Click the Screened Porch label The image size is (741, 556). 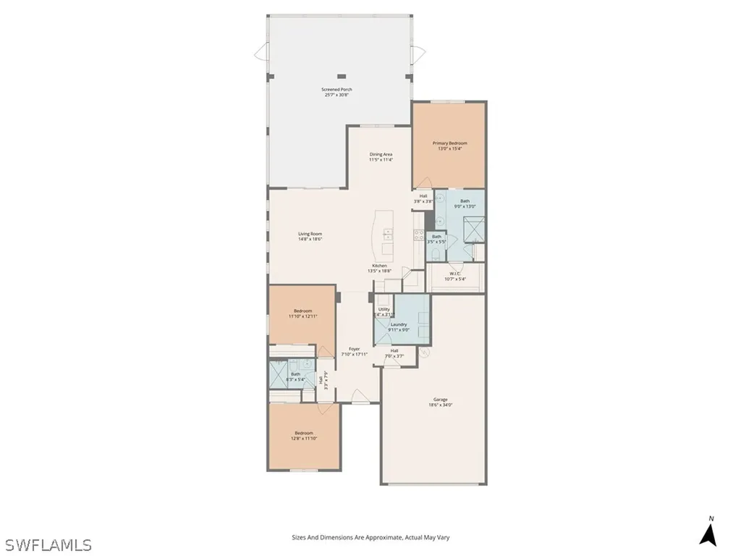[x=336, y=90]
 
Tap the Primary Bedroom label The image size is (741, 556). [x=449, y=143]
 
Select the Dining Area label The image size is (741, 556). [x=381, y=154]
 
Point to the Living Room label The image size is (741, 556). [x=310, y=234]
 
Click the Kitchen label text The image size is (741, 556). [x=379, y=266]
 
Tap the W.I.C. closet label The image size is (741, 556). [x=456, y=273]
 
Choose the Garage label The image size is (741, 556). [x=440, y=400]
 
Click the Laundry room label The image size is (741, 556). [x=399, y=324]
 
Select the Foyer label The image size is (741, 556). [x=355, y=349]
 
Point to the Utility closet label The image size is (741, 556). [x=384, y=309]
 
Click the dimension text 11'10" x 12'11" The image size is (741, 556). [x=302, y=316]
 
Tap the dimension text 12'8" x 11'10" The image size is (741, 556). [x=303, y=439]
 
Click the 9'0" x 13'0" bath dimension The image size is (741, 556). [x=465, y=206]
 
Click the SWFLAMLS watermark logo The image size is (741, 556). [x=47, y=544]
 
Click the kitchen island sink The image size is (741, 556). [x=388, y=235]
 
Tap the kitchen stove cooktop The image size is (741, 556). [x=418, y=234]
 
